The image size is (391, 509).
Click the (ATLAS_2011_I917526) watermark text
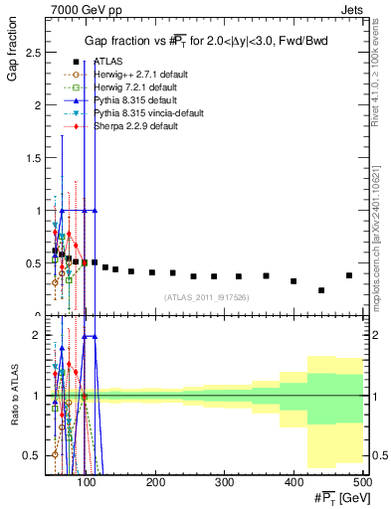click(206, 297)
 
